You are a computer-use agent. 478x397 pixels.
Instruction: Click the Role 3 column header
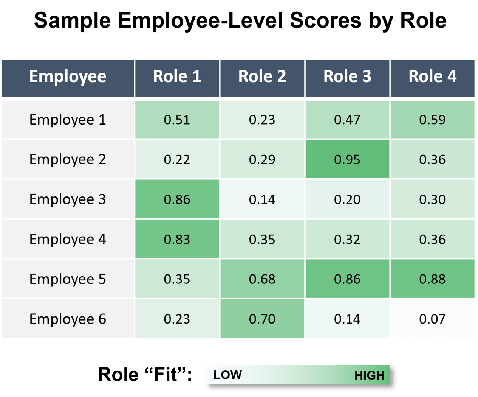coord(347,76)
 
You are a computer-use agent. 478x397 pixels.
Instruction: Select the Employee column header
coord(68,76)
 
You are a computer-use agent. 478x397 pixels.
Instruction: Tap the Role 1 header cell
coord(177,76)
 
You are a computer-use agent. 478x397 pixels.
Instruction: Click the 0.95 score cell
coord(347,159)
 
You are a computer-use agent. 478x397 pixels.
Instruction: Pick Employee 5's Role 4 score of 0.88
coord(432,279)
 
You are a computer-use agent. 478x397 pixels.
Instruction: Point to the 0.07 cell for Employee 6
coord(432,319)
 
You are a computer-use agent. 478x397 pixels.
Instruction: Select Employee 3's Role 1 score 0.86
coord(177,199)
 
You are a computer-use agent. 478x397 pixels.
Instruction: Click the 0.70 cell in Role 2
coord(262,319)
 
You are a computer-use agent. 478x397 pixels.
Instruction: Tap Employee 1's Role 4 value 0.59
coord(432,120)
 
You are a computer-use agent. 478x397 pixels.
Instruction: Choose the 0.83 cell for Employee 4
coord(177,239)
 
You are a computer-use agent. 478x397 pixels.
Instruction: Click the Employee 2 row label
coord(68,159)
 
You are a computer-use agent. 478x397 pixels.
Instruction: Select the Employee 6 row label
coord(68,319)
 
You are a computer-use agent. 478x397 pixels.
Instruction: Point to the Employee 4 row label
coord(68,239)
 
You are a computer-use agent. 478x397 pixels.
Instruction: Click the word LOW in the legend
coord(227,375)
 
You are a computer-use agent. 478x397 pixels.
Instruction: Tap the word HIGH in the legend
coord(369,375)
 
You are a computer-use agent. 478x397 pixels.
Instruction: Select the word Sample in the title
coord(72,20)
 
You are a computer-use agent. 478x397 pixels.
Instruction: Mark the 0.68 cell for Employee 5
coord(262,279)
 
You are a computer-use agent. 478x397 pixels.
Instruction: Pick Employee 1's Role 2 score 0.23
coord(262,120)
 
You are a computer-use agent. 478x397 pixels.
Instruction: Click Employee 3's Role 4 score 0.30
coord(432,199)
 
